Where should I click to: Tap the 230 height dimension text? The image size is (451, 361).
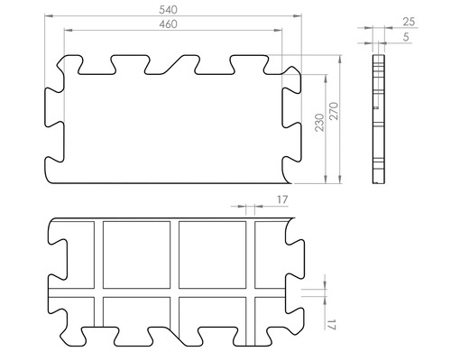[318, 123]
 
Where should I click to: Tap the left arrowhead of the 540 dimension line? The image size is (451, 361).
[49, 16]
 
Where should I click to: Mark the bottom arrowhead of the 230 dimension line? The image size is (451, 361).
[324, 180]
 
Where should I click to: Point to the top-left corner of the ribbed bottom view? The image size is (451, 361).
[49, 222]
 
